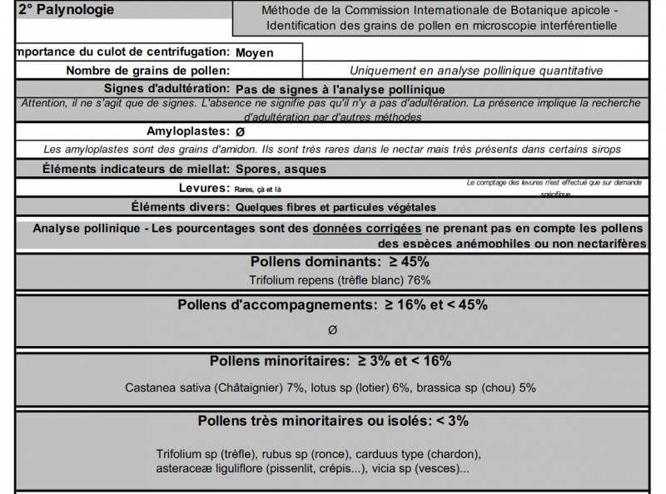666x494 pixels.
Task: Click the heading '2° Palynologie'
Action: coord(66,11)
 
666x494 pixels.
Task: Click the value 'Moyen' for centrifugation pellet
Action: coord(255,52)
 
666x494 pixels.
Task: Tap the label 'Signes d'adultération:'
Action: coord(166,88)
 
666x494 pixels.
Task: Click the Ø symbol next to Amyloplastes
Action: coord(240,132)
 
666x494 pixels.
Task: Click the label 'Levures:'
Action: coord(204,188)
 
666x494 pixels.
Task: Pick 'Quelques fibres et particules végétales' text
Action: coord(335,207)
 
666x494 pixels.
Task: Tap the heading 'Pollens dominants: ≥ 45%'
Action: coord(332,262)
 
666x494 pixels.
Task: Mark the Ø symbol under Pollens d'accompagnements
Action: coord(332,330)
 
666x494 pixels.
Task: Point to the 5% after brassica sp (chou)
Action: coord(527,388)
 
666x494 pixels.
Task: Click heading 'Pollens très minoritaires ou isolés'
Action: coord(312,421)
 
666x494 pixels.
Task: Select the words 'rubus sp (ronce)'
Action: coord(305,454)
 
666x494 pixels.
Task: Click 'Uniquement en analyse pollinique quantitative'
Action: coord(475,72)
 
